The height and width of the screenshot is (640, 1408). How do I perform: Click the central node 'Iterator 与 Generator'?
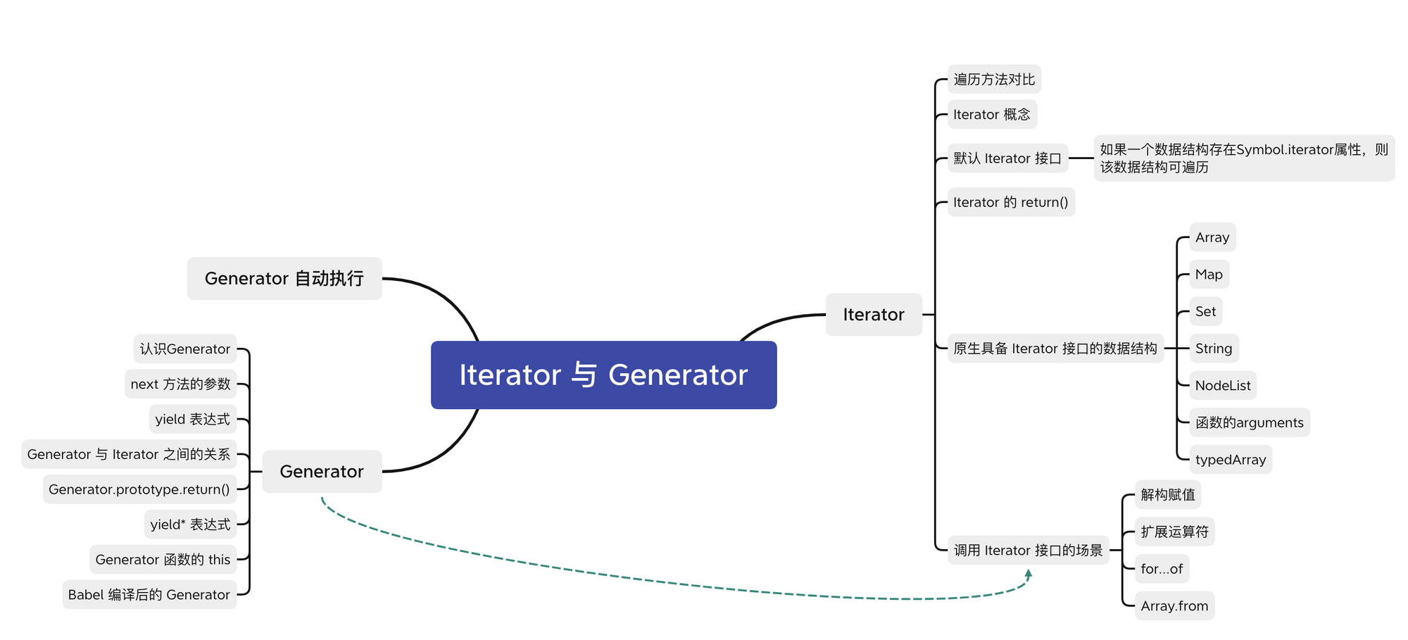pyautogui.click(x=603, y=375)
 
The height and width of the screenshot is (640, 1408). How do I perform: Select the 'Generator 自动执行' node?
pyautogui.click(x=284, y=279)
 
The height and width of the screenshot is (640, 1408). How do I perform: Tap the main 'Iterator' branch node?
pyautogui.click(x=874, y=315)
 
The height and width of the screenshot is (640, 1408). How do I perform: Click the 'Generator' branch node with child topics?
pyautogui.click(x=322, y=472)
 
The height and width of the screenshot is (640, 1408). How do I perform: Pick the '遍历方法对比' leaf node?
pyautogui.click(x=994, y=80)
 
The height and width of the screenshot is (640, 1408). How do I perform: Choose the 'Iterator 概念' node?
pyautogui.click(x=992, y=115)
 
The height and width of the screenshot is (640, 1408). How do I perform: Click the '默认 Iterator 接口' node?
pyautogui.click(x=1007, y=158)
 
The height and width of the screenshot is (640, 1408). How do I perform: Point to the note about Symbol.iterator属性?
pyautogui.click(x=1244, y=158)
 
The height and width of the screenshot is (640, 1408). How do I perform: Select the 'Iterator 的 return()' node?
pyautogui.click(x=1011, y=203)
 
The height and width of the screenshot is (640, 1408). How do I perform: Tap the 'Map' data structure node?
pyautogui.click(x=1209, y=275)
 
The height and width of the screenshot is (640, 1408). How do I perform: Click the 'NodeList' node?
pyautogui.click(x=1223, y=386)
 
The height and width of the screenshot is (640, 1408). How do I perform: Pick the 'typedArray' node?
pyautogui.click(x=1231, y=460)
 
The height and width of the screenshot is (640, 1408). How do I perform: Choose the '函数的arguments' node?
pyautogui.click(x=1250, y=423)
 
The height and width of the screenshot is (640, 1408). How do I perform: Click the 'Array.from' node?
pyautogui.click(x=1174, y=606)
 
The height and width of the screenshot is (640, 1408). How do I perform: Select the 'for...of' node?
pyautogui.click(x=1162, y=569)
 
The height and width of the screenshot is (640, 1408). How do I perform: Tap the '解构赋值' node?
pyautogui.click(x=1168, y=495)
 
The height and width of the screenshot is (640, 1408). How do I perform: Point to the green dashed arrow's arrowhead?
pyautogui.click(x=1029, y=574)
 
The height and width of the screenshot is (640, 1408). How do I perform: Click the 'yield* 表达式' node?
pyautogui.click(x=190, y=525)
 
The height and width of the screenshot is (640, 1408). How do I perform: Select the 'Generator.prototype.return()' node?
pyautogui.click(x=139, y=489)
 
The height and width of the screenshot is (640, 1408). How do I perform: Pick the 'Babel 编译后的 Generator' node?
pyautogui.click(x=149, y=595)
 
